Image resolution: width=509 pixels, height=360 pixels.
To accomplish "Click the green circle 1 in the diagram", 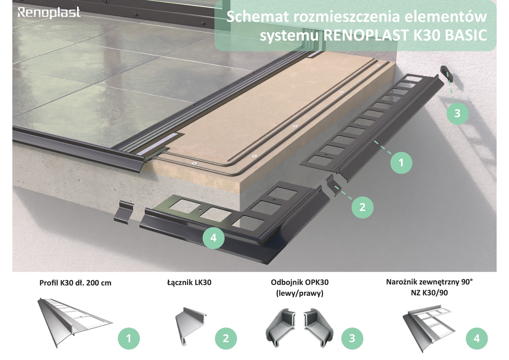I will [x=401, y=162].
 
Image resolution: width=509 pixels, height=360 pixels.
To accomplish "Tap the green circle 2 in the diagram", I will [x=362, y=207].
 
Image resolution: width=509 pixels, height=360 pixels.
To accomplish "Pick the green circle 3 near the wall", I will [x=457, y=113].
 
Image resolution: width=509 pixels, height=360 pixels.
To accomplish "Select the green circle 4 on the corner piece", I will [x=213, y=237].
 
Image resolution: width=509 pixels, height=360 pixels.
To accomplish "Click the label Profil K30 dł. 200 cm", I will [x=75, y=283].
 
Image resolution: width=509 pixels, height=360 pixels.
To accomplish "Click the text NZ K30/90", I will [x=429, y=293].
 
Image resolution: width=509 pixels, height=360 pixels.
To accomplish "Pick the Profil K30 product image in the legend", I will [x=75, y=323].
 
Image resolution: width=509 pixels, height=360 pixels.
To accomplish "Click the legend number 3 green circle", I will [x=352, y=338].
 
